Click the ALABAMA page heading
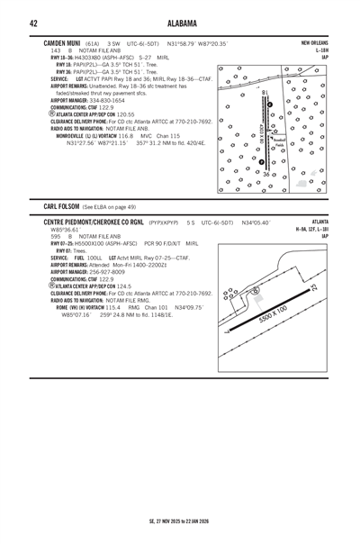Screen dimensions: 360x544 180,23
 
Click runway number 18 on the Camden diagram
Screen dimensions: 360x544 263,92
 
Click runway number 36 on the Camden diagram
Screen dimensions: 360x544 265,172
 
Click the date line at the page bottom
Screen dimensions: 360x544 180,520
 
